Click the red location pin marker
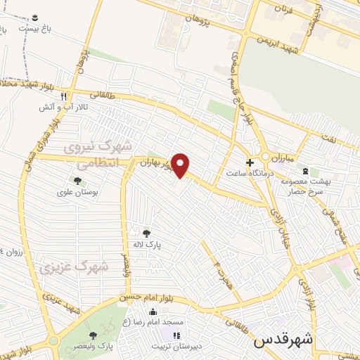click(181, 165)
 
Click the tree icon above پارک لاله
click(146, 233)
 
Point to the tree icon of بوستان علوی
click(77, 181)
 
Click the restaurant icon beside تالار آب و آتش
click(63, 97)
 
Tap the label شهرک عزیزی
click(73, 267)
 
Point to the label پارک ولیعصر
click(96, 347)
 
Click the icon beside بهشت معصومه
click(304, 171)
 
